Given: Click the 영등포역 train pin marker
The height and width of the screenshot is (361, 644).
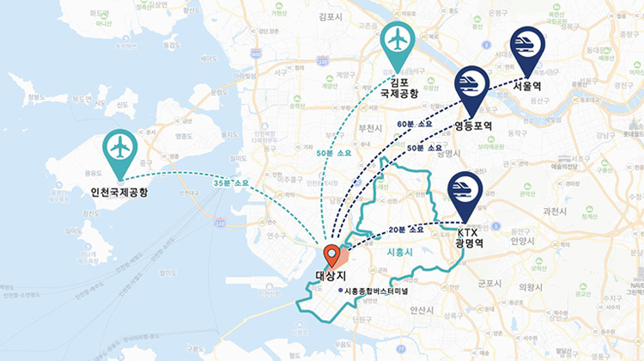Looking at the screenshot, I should coord(471,86).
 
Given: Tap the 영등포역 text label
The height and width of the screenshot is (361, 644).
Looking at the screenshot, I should coord(473,125).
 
